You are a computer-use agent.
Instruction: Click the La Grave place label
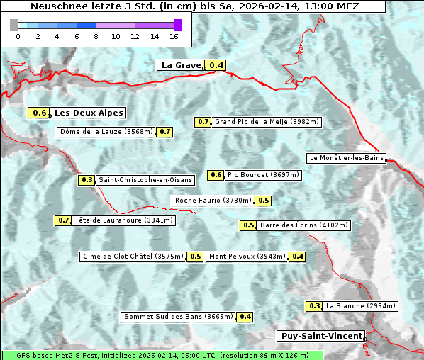click(181, 65)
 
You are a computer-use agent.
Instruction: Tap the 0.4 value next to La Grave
click(217, 65)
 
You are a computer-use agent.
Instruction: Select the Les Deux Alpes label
click(89, 113)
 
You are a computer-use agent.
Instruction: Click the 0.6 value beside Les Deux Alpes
click(40, 113)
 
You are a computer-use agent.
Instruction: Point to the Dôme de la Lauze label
click(106, 132)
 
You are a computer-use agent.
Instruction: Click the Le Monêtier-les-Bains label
click(345, 158)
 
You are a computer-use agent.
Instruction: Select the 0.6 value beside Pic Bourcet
click(216, 175)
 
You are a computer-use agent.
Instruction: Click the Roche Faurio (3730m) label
click(213, 201)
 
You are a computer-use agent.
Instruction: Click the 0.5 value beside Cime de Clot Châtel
click(196, 257)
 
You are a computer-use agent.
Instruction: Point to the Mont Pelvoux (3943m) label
click(247, 257)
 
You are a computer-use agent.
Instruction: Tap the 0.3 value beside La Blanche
click(315, 306)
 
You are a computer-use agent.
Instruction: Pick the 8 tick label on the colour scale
click(96, 36)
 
